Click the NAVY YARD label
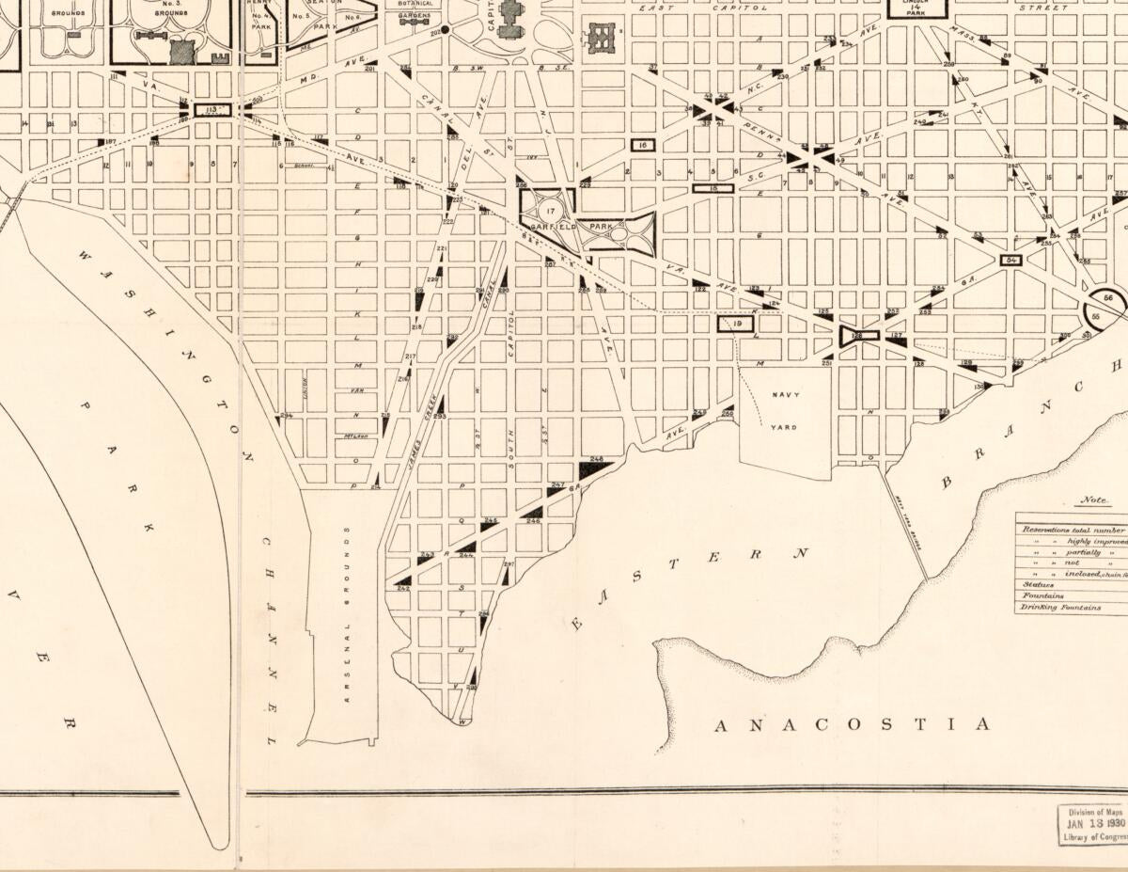[784, 411]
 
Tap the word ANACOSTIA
[853, 724]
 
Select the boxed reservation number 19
[737, 324]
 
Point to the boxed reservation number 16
[643, 146]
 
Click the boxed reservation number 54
[1011, 261]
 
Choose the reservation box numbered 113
[211, 110]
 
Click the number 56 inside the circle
[1110, 298]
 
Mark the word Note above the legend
[1095, 500]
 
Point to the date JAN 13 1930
[1090, 823]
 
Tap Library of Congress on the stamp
[1094, 837]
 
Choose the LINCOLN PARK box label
[917, 6]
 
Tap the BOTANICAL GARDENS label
[415, 9]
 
